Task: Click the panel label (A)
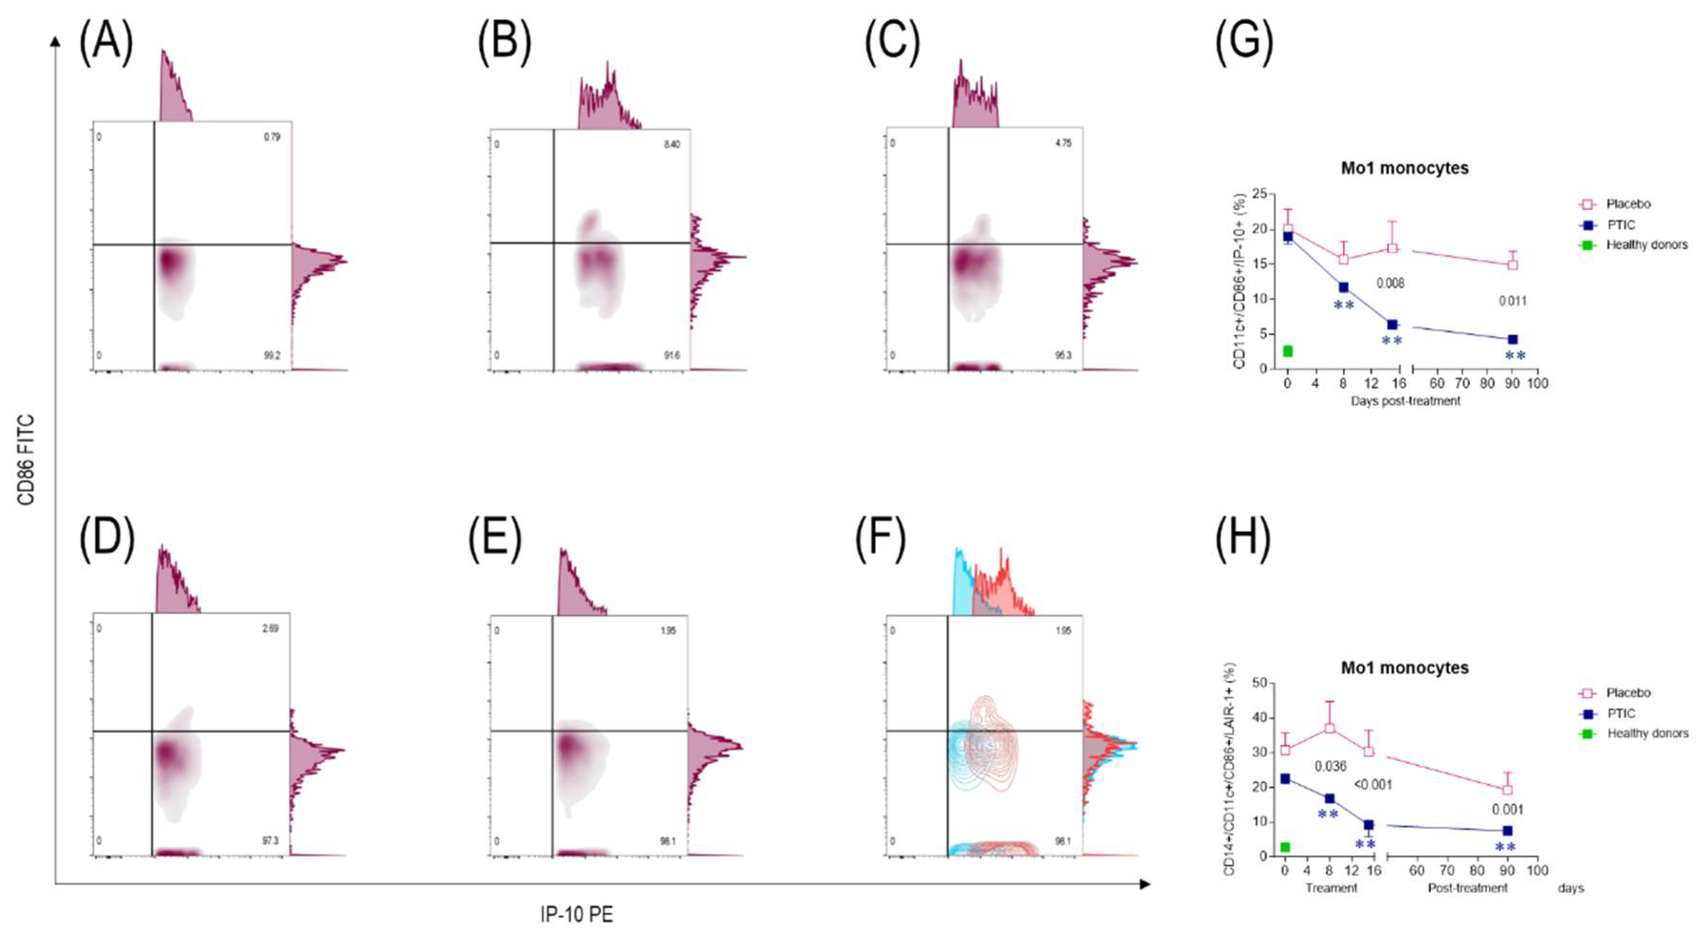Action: coord(106,42)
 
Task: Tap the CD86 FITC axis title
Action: coord(25,460)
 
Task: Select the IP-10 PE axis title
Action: coord(576,915)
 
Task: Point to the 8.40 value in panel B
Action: coord(671,144)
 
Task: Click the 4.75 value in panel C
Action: coord(1063,143)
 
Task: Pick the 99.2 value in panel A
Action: coord(272,355)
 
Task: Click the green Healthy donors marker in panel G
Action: coord(1287,351)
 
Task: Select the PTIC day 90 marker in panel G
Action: coord(1512,339)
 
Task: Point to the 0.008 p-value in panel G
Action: coord(1390,283)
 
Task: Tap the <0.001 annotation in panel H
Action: coord(1372,784)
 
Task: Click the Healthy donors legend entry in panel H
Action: coord(1647,733)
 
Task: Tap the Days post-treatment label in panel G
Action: coord(1404,401)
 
